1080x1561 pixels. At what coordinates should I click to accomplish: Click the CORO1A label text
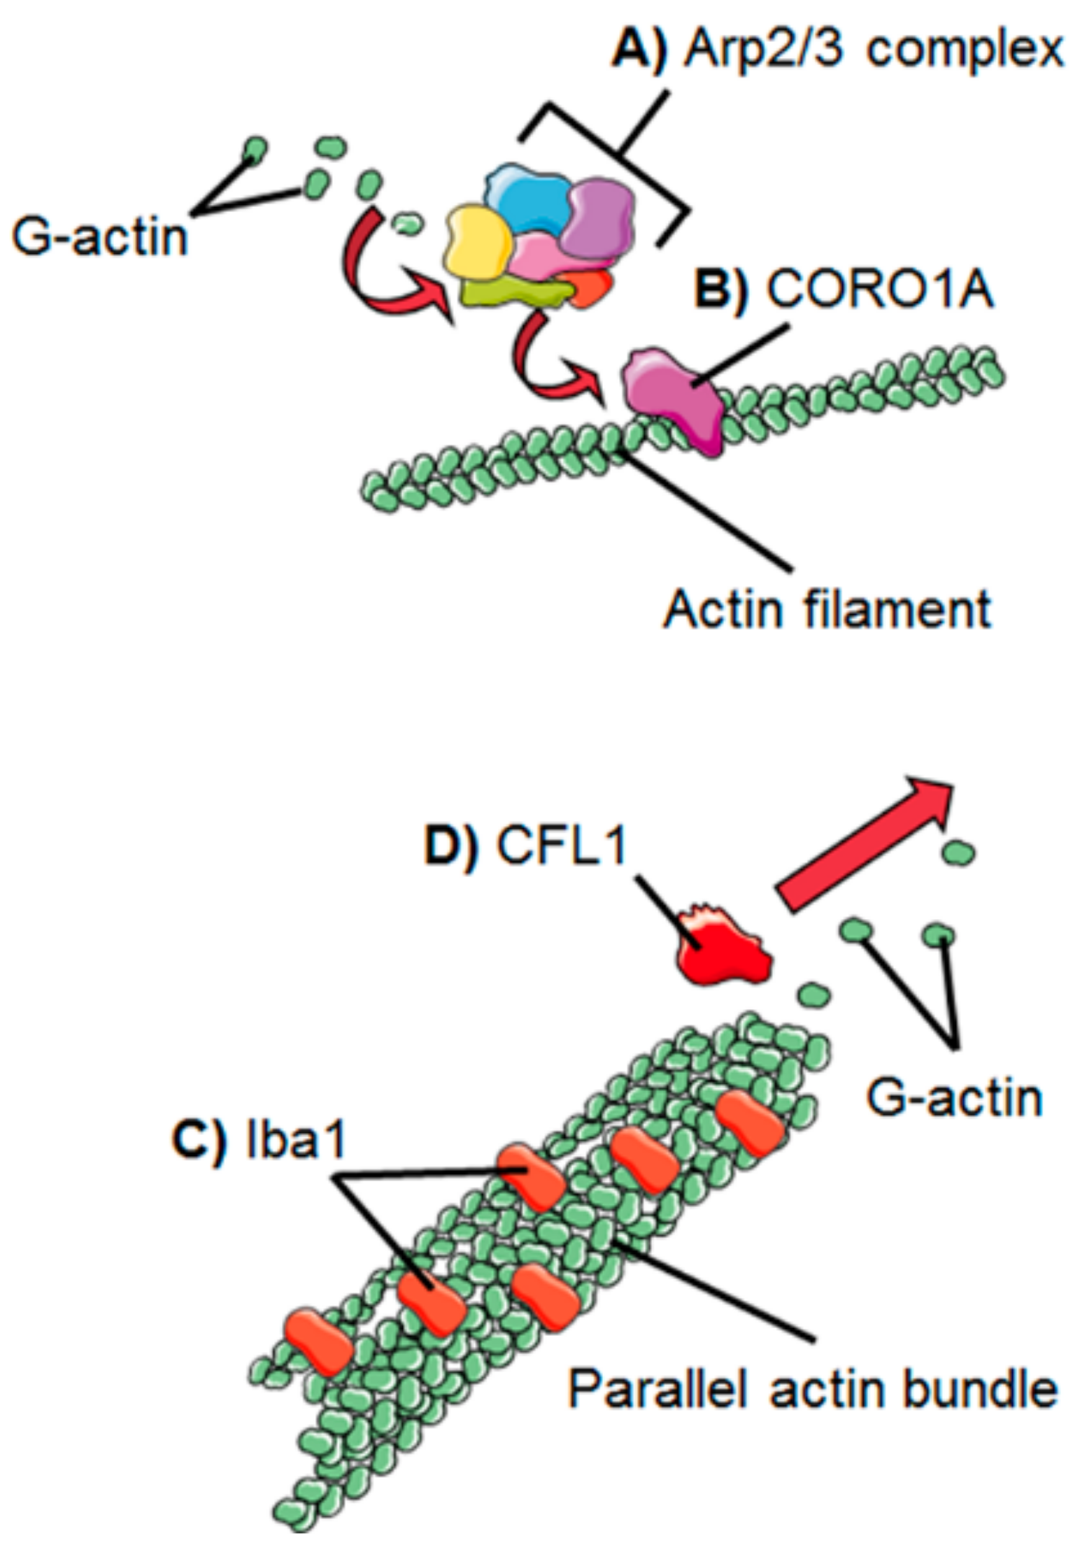tap(879, 289)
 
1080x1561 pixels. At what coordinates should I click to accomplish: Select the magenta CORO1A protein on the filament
tap(672, 396)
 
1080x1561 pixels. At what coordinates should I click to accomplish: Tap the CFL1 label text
tap(560, 848)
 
